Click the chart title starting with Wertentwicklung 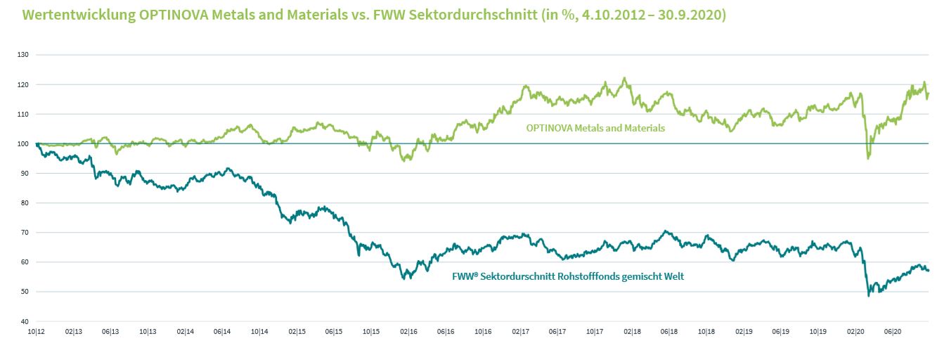[x=374, y=14]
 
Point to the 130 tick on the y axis [x=22, y=55]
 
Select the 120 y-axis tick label [x=22, y=84]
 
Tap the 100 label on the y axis [x=22, y=143]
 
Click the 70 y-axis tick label [x=24, y=232]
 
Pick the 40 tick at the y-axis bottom [x=24, y=321]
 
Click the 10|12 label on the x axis [x=36, y=330]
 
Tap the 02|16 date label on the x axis [x=408, y=330]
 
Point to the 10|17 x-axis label [x=594, y=330]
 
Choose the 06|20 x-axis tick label [x=892, y=330]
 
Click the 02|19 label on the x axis [x=743, y=330]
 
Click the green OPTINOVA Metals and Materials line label [x=595, y=129]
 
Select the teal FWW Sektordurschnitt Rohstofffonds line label [x=567, y=276]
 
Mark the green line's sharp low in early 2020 [x=868, y=158]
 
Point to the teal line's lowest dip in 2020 [x=869, y=295]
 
